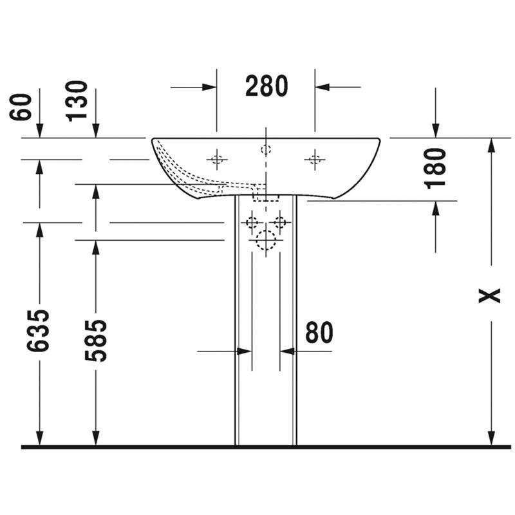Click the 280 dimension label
point(267,86)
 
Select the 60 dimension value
point(21,107)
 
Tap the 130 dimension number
point(77,101)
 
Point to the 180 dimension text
point(435,169)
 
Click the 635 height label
point(38,330)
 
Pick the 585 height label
point(95,341)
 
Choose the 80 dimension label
point(319,332)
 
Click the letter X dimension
point(489,295)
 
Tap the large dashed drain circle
point(266,240)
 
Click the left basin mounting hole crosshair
point(217,160)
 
